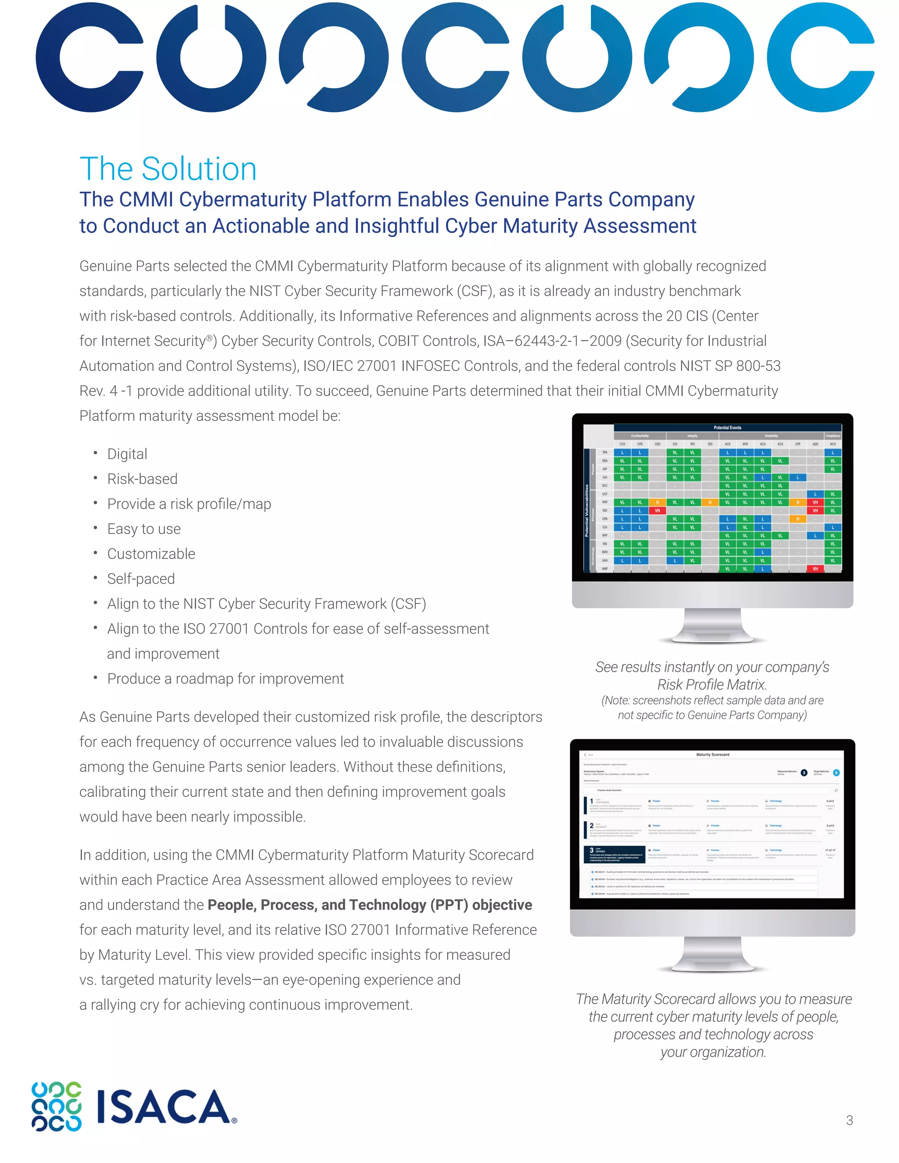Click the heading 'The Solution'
pos(168,169)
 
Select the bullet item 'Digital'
pos(127,454)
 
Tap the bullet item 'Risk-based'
pos(142,479)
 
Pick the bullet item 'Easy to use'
pos(144,529)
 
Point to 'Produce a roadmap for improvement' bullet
pos(225,678)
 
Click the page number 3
pos(849,1120)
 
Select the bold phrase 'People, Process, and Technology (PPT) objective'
pos(370,905)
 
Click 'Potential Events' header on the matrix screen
pos(727,427)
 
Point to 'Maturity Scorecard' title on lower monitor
pos(712,754)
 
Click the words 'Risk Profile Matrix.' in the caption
pos(712,685)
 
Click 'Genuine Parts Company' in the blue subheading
pos(584,199)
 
